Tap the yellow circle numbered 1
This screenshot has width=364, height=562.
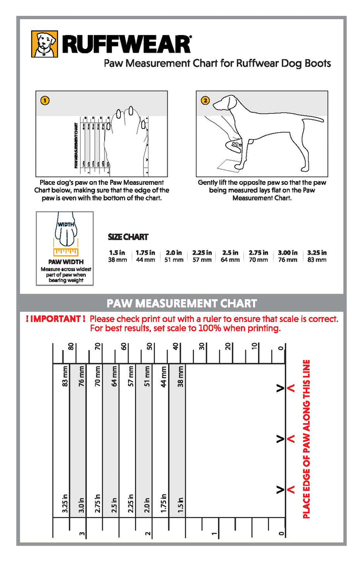coord(45,100)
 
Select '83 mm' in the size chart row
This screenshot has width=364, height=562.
coord(317,260)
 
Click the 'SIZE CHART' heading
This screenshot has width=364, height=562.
coord(128,237)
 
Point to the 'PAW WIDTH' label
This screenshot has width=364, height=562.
coord(64,262)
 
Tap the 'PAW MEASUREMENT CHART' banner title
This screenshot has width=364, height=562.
coord(182,303)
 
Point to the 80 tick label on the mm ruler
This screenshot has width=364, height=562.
coord(70,347)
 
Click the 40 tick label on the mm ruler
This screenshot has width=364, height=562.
coord(176,347)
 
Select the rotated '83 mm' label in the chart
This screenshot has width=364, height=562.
coord(65,378)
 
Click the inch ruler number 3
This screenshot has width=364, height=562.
coord(81,533)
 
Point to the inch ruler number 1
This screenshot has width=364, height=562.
coord(215,533)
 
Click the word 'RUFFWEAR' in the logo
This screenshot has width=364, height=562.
coord(126,44)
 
